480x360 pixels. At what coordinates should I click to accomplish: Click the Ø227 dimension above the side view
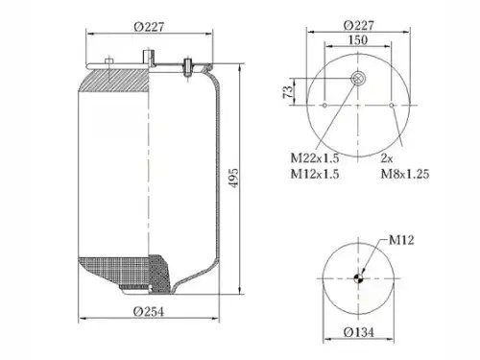(x=149, y=27)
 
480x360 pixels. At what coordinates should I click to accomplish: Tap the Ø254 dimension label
(x=149, y=311)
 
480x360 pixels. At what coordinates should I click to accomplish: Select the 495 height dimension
(x=233, y=178)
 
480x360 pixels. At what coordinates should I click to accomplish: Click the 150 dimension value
(x=358, y=40)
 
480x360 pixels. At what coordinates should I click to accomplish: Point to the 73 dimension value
(x=288, y=92)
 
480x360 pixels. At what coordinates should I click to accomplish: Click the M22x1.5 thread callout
(x=315, y=157)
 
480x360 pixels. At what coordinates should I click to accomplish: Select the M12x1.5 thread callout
(x=315, y=174)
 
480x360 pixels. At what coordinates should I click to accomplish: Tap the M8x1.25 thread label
(x=405, y=174)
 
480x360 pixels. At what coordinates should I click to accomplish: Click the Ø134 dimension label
(x=358, y=332)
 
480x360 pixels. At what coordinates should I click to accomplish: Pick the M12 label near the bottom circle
(x=401, y=240)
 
